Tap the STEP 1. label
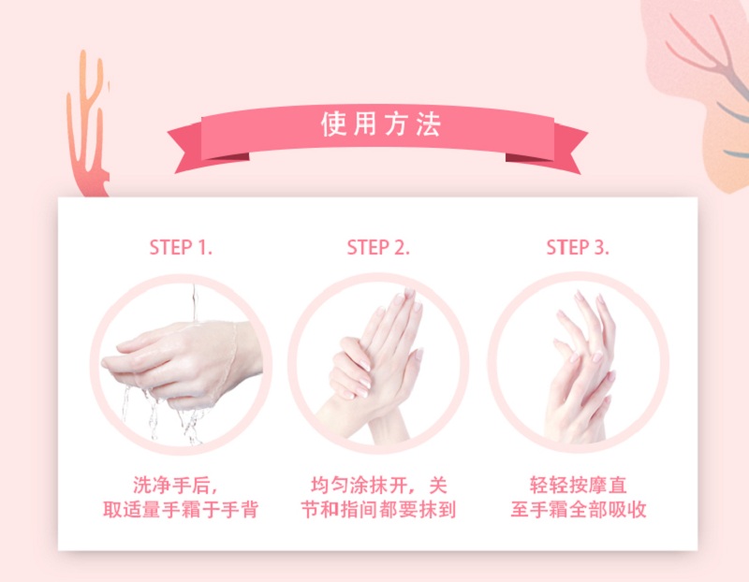(181, 247)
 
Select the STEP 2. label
(379, 247)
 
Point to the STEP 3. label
(578, 247)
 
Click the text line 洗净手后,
(176, 486)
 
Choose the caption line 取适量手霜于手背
(180, 511)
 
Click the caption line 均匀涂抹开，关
(379, 486)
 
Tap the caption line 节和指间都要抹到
(379, 511)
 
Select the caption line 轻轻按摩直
(578, 486)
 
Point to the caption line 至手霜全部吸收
(578, 511)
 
